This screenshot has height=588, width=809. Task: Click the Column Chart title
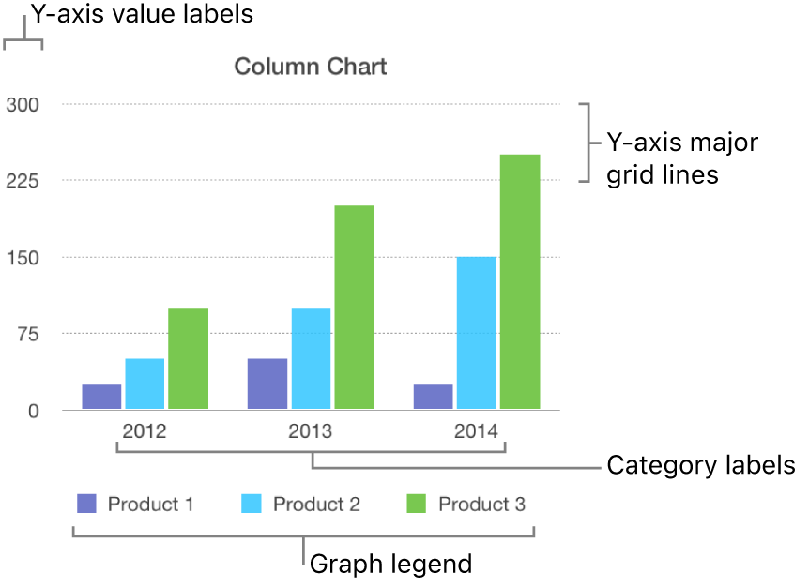tap(310, 67)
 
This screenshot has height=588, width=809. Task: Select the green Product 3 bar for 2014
tap(520, 281)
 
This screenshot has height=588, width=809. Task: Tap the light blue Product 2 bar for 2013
tap(311, 358)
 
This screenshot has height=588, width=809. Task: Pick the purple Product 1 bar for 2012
tap(101, 397)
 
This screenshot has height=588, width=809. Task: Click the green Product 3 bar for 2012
tap(188, 358)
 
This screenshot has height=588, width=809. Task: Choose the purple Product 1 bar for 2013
tap(267, 384)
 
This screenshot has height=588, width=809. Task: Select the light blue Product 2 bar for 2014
tap(477, 333)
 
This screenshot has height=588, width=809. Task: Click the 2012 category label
tap(145, 432)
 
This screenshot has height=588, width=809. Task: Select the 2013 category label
tap(311, 432)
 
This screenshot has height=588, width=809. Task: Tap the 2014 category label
tap(477, 432)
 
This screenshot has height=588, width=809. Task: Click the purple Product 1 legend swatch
tap(86, 505)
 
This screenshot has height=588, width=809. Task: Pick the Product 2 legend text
tap(316, 505)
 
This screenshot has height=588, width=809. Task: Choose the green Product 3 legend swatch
tap(418, 505)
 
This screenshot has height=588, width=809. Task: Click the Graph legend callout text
tap(390, 565)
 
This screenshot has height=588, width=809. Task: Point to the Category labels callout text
tap(701, 465)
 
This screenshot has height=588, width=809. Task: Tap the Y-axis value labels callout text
tap(142, 15)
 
